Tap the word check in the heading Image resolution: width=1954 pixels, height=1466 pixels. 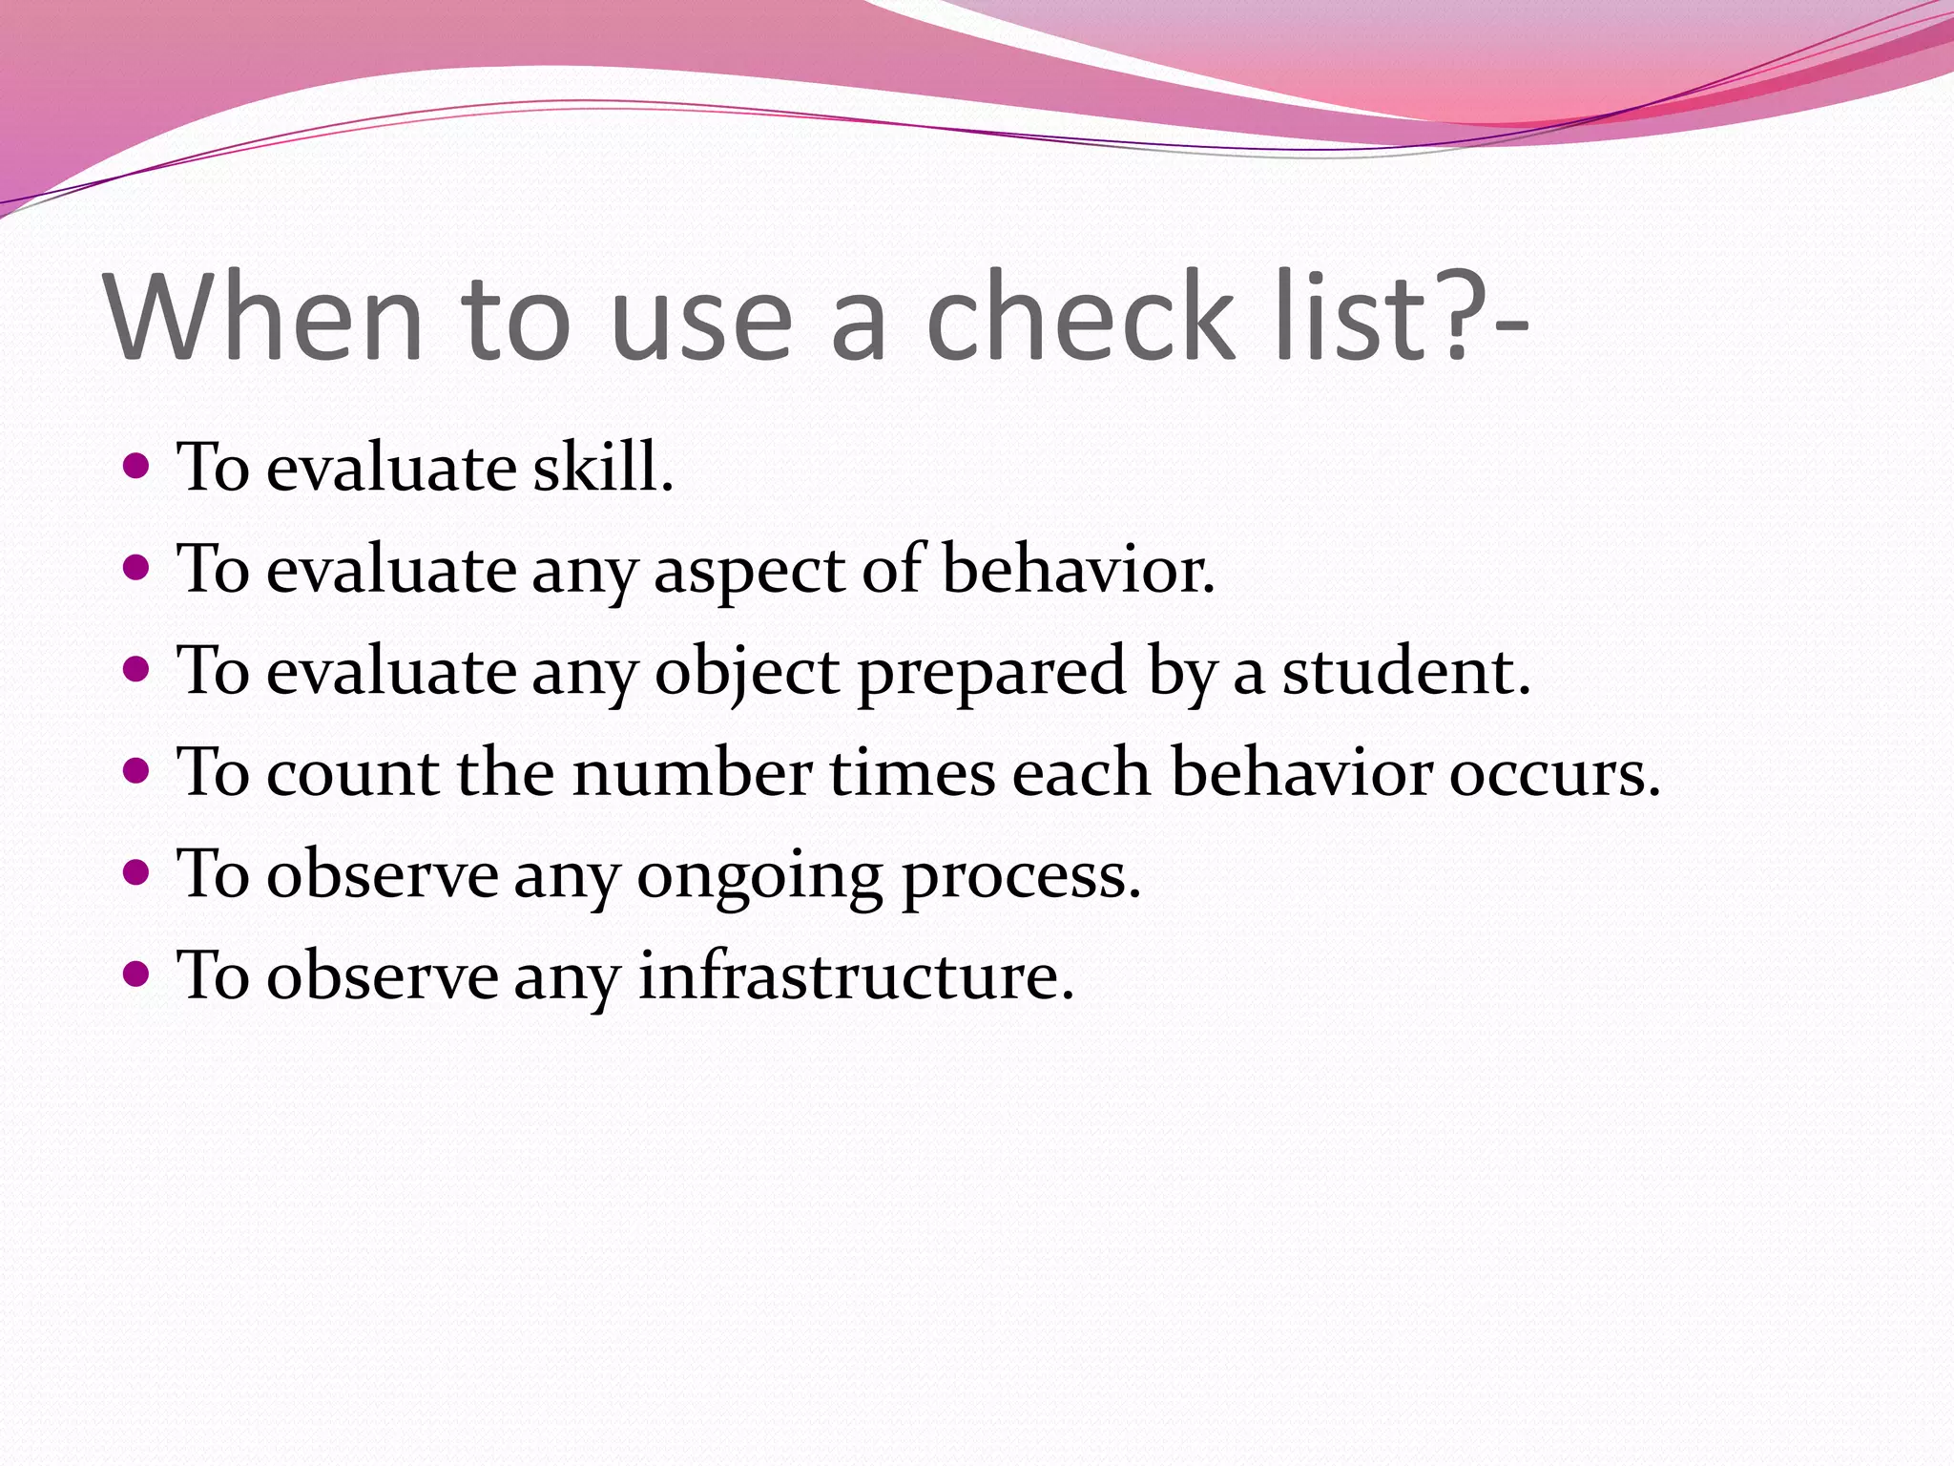coord(1078,317)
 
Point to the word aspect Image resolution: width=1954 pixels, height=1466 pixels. coord(750,571)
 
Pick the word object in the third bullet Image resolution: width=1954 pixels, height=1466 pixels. coord(747,672)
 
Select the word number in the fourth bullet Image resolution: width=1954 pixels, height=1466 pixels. coord(693,772)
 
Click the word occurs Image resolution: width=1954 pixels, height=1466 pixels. coord(1554,772)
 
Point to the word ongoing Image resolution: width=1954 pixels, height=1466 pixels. coord(759,876)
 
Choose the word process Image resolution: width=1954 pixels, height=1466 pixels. coord(1021,876)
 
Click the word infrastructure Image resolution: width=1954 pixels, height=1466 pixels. coord(856,975)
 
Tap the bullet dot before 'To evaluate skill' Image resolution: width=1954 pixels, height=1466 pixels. coord(137,467)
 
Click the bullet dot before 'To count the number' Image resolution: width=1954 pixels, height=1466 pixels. coord(137,770)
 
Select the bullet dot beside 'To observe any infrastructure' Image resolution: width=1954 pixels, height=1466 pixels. coord(137,974)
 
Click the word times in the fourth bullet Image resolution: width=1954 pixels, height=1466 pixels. coord(912,772)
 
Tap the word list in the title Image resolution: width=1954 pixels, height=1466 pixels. coord(1351,317)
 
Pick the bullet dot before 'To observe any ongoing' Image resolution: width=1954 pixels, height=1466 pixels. coord(137,872)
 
